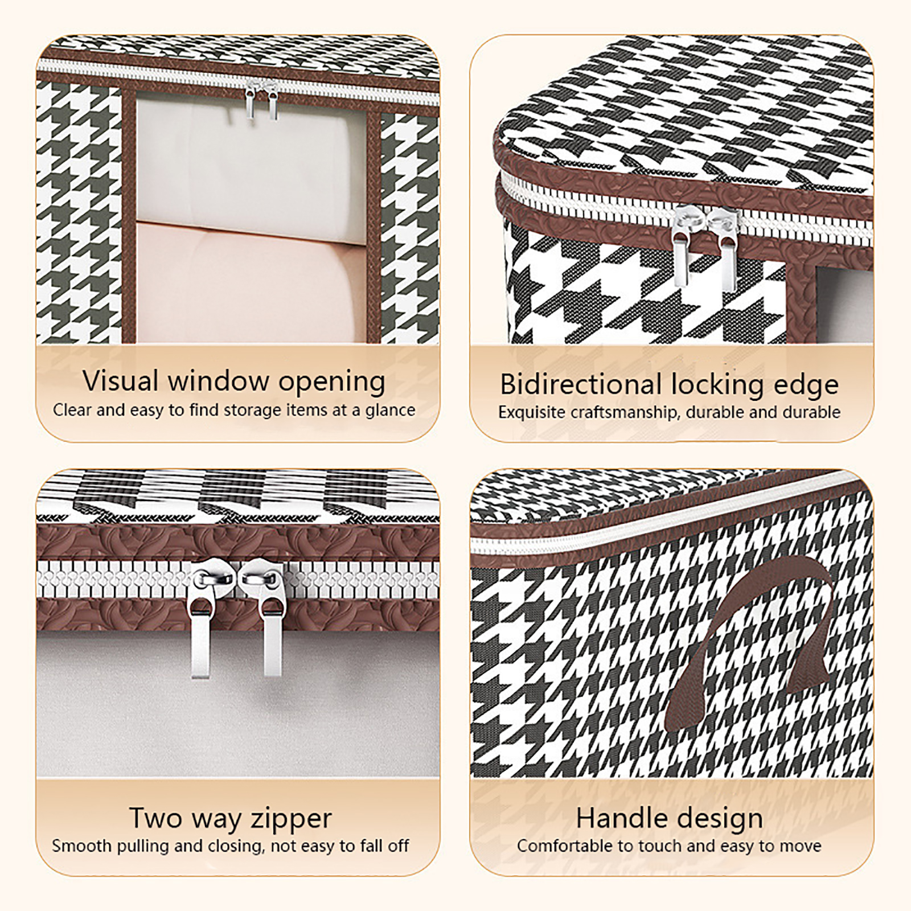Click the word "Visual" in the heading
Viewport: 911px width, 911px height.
121,380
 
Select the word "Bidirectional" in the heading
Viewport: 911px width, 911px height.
581,384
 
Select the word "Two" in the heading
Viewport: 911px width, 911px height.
155,818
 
